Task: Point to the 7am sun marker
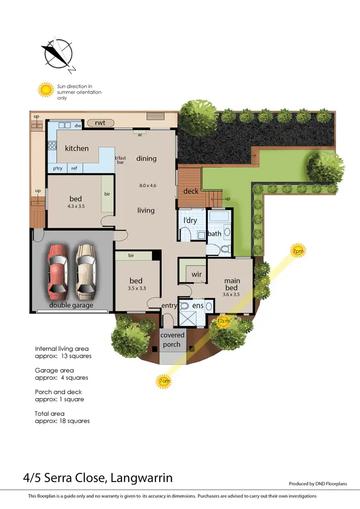(x=163, y=382)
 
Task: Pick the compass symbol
(x=57, y=54)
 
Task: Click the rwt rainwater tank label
(x=100, y=123)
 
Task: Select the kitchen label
(x=77, y=148)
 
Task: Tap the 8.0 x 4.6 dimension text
(x=148, y=185)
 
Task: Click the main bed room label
(x=232, y=284)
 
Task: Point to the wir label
(x=196, y=275)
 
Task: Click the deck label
(x=191, y=191)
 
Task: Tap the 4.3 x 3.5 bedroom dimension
(x=75, y=206)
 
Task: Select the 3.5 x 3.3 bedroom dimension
(x=136, y=289)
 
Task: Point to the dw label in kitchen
(x=77, y=126)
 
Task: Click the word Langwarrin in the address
(x=142, y=478)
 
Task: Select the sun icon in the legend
(x=46, y=89)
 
